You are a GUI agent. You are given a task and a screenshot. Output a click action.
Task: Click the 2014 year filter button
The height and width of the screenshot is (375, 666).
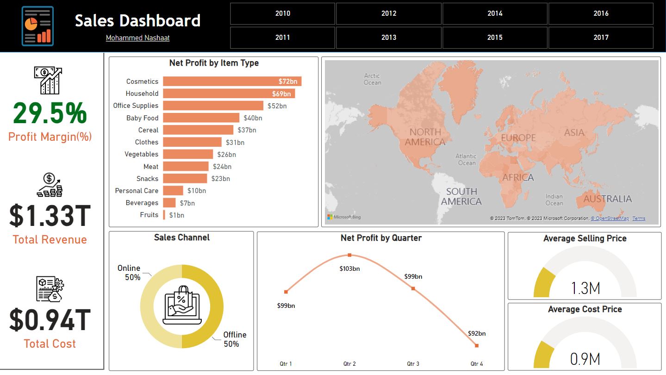[x=495, y=13]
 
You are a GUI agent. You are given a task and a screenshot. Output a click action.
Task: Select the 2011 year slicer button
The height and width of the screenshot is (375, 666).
[x=282, y=37]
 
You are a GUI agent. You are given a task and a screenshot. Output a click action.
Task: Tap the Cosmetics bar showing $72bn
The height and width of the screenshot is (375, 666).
[x=232, y=81]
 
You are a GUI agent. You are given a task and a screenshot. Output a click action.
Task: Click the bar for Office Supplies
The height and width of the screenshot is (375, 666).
[x=213, y=106]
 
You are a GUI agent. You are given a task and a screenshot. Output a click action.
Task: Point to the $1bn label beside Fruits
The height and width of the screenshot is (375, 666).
[x=176, y=215]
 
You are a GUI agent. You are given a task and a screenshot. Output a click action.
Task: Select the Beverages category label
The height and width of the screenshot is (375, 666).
[x=142, y=203]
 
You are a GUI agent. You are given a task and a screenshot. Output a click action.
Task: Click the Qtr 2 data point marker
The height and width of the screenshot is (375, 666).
[x=349, y=255]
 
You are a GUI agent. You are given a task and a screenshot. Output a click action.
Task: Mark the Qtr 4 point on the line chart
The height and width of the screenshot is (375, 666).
[x=476, y=345]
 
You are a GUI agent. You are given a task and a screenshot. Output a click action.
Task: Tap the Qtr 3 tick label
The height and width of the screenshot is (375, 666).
[x=413, y=364]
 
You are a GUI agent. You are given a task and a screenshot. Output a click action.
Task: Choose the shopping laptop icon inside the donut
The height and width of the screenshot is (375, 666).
[x=181, y=306]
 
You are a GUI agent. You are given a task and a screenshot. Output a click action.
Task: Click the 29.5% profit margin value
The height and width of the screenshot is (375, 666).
[x=50, y=113]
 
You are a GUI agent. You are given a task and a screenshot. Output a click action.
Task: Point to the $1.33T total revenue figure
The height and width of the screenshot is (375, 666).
[x=50, y=216]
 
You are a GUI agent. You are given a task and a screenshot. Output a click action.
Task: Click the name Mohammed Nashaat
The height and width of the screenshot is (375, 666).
[x=137, y=38]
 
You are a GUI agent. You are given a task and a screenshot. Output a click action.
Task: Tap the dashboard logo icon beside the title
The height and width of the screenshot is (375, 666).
[x=37, y=26]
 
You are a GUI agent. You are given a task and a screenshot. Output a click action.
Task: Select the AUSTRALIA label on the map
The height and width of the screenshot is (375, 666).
[x=607, y=199]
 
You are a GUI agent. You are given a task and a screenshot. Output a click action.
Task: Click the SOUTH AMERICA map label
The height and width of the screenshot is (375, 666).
[x=461, y=196]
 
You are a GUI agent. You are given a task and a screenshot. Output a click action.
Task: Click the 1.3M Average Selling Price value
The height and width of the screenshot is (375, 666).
[x=585, y=288]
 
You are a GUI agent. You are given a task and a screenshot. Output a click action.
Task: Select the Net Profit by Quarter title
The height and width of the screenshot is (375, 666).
[x=381, y=238]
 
